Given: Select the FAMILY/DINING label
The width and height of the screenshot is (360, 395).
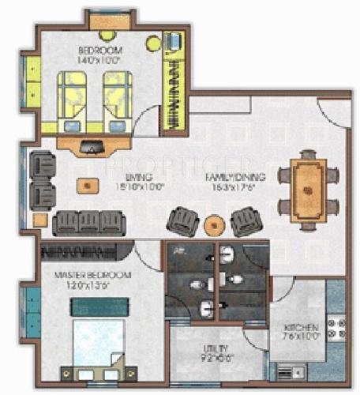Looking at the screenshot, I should point(235,177).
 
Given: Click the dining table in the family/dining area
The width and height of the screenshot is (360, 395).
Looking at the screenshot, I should point(309,189).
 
